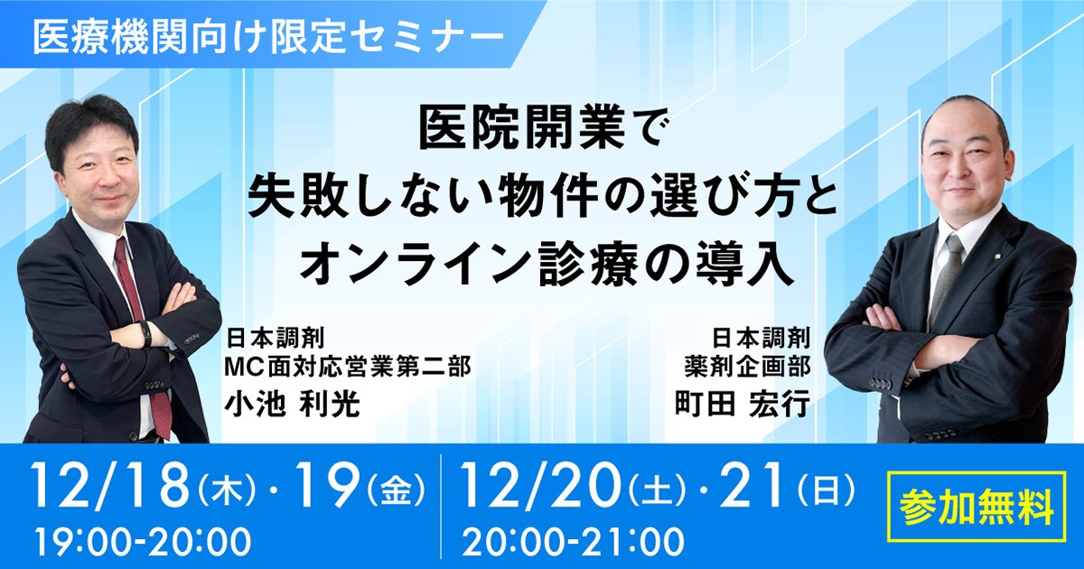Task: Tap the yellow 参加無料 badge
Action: (977, 507)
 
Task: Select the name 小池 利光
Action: (293, 405)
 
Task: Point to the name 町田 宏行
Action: (743, 405)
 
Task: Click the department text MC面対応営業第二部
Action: (348, 368)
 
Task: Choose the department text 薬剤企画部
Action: (748, 368)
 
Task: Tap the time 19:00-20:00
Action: (144, 541)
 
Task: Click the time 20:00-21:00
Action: (574, 541)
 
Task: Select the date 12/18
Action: (110, 485)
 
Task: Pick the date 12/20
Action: (541, 485)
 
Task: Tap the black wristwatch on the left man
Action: (145, 334)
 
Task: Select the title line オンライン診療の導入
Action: (547, 266)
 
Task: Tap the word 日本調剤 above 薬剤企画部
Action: (762, 338)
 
